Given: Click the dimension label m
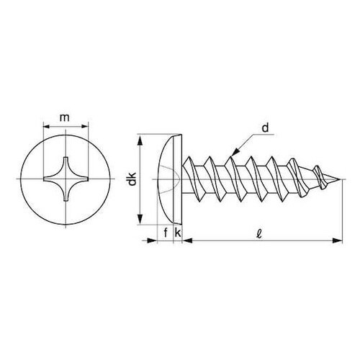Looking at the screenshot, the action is (65, 118).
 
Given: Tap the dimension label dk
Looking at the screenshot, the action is (132, 179).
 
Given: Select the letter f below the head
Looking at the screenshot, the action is (166, 233).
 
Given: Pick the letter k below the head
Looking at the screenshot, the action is (178, 233).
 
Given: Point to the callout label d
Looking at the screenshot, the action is (265, 128).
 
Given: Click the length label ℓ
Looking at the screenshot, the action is (259, 233).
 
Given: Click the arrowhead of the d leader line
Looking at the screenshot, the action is (236, 152).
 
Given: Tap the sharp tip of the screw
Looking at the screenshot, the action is (341, 179).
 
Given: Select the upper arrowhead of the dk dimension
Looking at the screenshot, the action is (140, 140).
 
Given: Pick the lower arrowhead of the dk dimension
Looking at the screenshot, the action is (140, 219).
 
